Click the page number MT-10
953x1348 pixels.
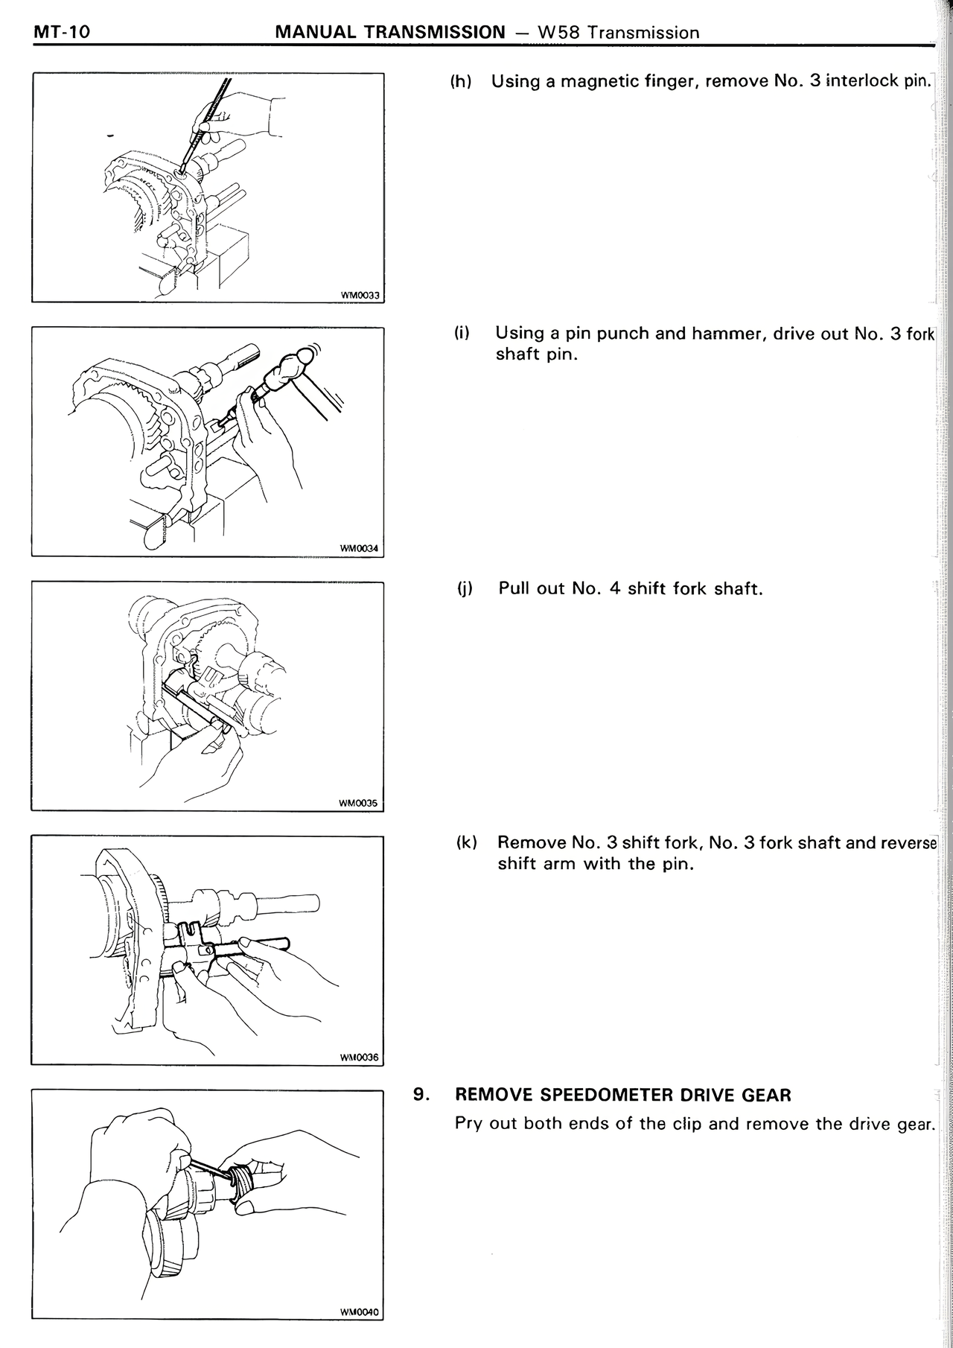tap(61, 33)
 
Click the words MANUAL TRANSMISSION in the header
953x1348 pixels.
tap(390, 33)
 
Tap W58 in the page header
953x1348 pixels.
tap(553, 33)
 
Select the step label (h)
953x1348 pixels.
tap(461, 81)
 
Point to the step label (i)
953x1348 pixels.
tap(462, 333)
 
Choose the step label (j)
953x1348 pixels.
tap(465, 589)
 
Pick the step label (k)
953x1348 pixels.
tap(466, 842)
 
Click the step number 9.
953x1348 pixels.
tap(421, 1095)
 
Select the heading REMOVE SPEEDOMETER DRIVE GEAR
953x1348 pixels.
tap(623, 1095)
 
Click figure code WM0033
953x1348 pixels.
tap(360, 295)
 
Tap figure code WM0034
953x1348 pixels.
tap(360, 550)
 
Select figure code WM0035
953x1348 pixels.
tap(358, 804)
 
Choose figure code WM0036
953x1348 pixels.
tap(359, 1058)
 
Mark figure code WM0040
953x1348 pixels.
tap(359, 1312)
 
